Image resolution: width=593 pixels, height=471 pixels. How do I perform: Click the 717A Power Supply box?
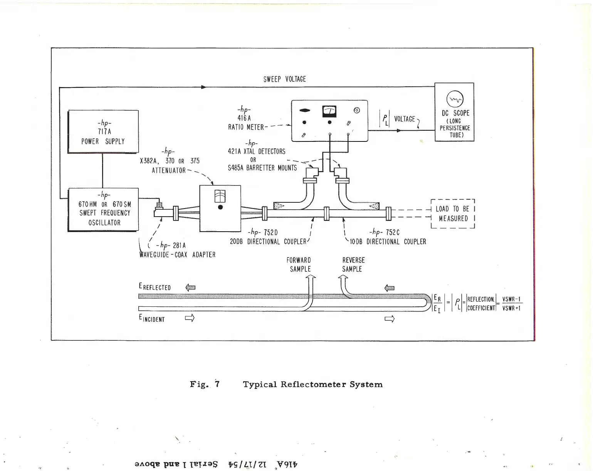coord(103,131)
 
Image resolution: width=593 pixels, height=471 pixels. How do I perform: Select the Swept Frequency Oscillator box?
coord(103,209)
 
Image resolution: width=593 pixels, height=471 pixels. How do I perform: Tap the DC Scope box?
coord(454,112)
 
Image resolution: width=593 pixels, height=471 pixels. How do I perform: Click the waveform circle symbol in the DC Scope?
coord(454,99)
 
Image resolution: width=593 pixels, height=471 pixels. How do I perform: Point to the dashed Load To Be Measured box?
coord(452,214)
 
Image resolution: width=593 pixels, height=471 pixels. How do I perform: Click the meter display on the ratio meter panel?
coord(329,111)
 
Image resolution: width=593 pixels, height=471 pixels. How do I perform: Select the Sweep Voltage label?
coord(284,79)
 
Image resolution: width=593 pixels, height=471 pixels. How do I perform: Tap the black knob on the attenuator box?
coord(220,207)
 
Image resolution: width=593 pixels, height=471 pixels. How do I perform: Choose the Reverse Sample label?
coord(353,265)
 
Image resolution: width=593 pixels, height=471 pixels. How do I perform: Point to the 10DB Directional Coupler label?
coord(388,242)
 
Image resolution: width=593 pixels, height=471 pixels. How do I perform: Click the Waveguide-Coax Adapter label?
coord(178,255)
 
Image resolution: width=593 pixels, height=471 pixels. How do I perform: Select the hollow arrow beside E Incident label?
coord(190,318)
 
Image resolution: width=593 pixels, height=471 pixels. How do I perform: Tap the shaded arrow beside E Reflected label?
coord(190,287)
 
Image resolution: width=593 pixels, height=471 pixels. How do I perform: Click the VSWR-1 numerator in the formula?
coord(512,299)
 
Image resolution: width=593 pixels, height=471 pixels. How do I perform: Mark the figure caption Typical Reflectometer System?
coord(312,384)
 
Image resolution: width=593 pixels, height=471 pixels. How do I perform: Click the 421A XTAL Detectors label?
coord(256,151)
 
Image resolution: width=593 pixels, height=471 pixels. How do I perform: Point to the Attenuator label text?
coord(169,170)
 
